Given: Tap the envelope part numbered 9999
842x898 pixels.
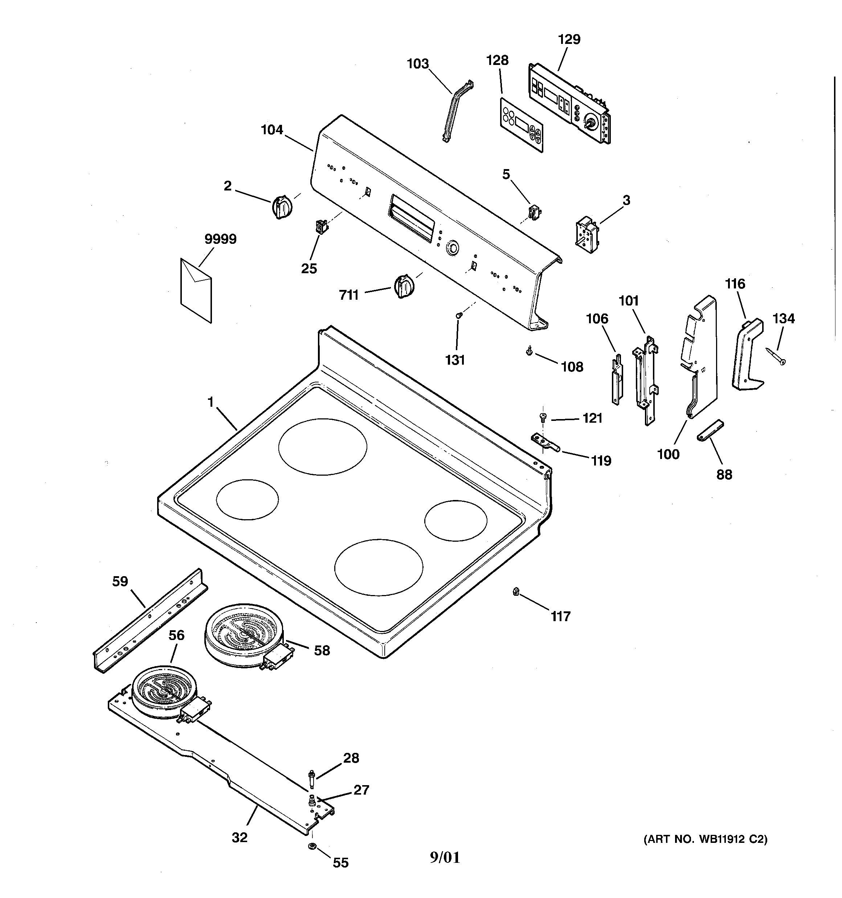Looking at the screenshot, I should (x=196, y=290).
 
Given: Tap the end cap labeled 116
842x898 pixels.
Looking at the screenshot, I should (x=747, y=354).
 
